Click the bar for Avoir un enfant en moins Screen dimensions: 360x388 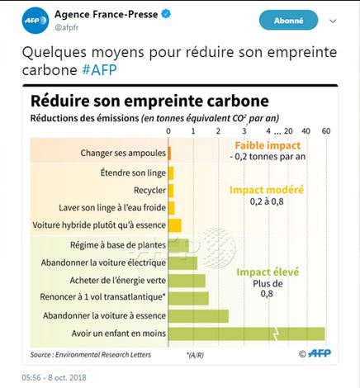pyautogui.click(x=247, y=334)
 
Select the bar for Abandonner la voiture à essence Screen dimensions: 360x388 pyautogui.click(x=198, y=316)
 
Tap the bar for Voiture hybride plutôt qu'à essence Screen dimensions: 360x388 pyautogui.click(x=175, y=225)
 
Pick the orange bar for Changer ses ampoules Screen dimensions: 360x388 pyautogui.click(x=169, y=154)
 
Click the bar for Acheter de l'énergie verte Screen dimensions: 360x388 pyautogui.click(x=187, y=281)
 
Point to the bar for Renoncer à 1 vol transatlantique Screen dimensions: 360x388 pyautogui.click(x=188, y=298)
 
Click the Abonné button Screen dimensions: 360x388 pyautogui.click(x=288, y=21)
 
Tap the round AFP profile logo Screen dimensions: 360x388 pyautogui.click(x=36, y=21)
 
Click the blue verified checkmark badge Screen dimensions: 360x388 pyautogui.click(x=166, y=14)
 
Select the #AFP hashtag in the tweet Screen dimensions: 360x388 pyautogui.click(x=99, y=70)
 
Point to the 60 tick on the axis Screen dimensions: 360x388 pyautogui.click(x=326, y=131)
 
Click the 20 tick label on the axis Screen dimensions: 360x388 pyautogui.click(x=288, y=131)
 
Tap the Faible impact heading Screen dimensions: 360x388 pyautogui.click(x=268, y=145)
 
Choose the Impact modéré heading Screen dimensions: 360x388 pyautogui.click(x=267, y=190)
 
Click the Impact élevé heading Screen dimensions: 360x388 pyautogui.click(x=268, y=272)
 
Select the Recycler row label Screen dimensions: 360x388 pyautogui.click(x=149, y=190)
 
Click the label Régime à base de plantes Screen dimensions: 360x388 pyautogui.click(x=118, y=245)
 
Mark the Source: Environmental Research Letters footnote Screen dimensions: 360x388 pyautogui.click(x=91, y=355)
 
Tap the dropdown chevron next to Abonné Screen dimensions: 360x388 pyautogui.click(x=333, y=21)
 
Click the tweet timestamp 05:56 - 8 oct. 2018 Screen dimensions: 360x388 pyautogui.click(x=54, y=377)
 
